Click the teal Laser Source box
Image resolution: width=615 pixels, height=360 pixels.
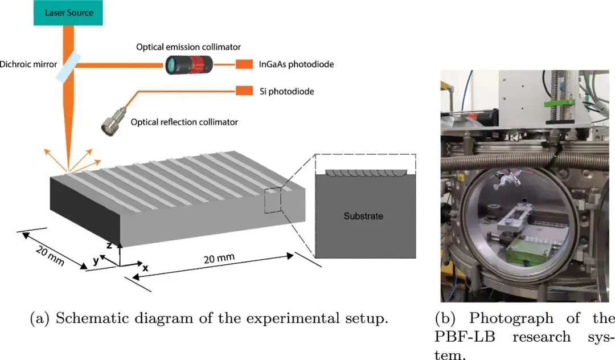pyautogui.click(x=68, y=13)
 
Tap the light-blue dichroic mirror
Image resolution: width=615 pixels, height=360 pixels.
pyautogui.click(x=68, y=68)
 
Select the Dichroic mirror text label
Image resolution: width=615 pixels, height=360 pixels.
pyautogui.click(x=28, y=64)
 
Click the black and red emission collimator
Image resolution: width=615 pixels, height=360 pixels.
pyautogui.click(x=189, y=65)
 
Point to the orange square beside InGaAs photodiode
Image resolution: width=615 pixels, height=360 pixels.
pyautogui.click(x=244, y=64)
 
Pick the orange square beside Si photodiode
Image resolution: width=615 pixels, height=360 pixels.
pyautogui.click(x=244, y=91)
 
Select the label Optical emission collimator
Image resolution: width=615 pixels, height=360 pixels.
pyautogui.click(x=188, y=47)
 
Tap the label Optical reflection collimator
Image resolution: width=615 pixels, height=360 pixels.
pyautogui.click(x=184, y=122)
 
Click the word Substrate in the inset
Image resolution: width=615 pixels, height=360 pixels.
pyautogui.click(x=363, y=216)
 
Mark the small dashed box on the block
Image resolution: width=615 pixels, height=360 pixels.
pyautogui.click(x=273, y=201)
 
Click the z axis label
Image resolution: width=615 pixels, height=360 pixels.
pyautogui.click(x=109, y=246)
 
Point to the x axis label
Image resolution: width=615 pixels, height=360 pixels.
pyautogui.click(x=146, y=268)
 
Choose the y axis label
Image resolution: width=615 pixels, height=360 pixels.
pyautogui.click(x=96, y=260)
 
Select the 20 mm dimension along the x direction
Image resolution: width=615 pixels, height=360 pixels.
pyautogui.click(x=219, y=259)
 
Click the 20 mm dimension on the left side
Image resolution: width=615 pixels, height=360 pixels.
pyautogui.click(x=50, y=255)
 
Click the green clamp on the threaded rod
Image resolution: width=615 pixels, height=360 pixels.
pyautogui.click(x=559, y=103)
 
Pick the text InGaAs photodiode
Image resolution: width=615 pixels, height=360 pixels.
pyautogui.click(x=297, y=64)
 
